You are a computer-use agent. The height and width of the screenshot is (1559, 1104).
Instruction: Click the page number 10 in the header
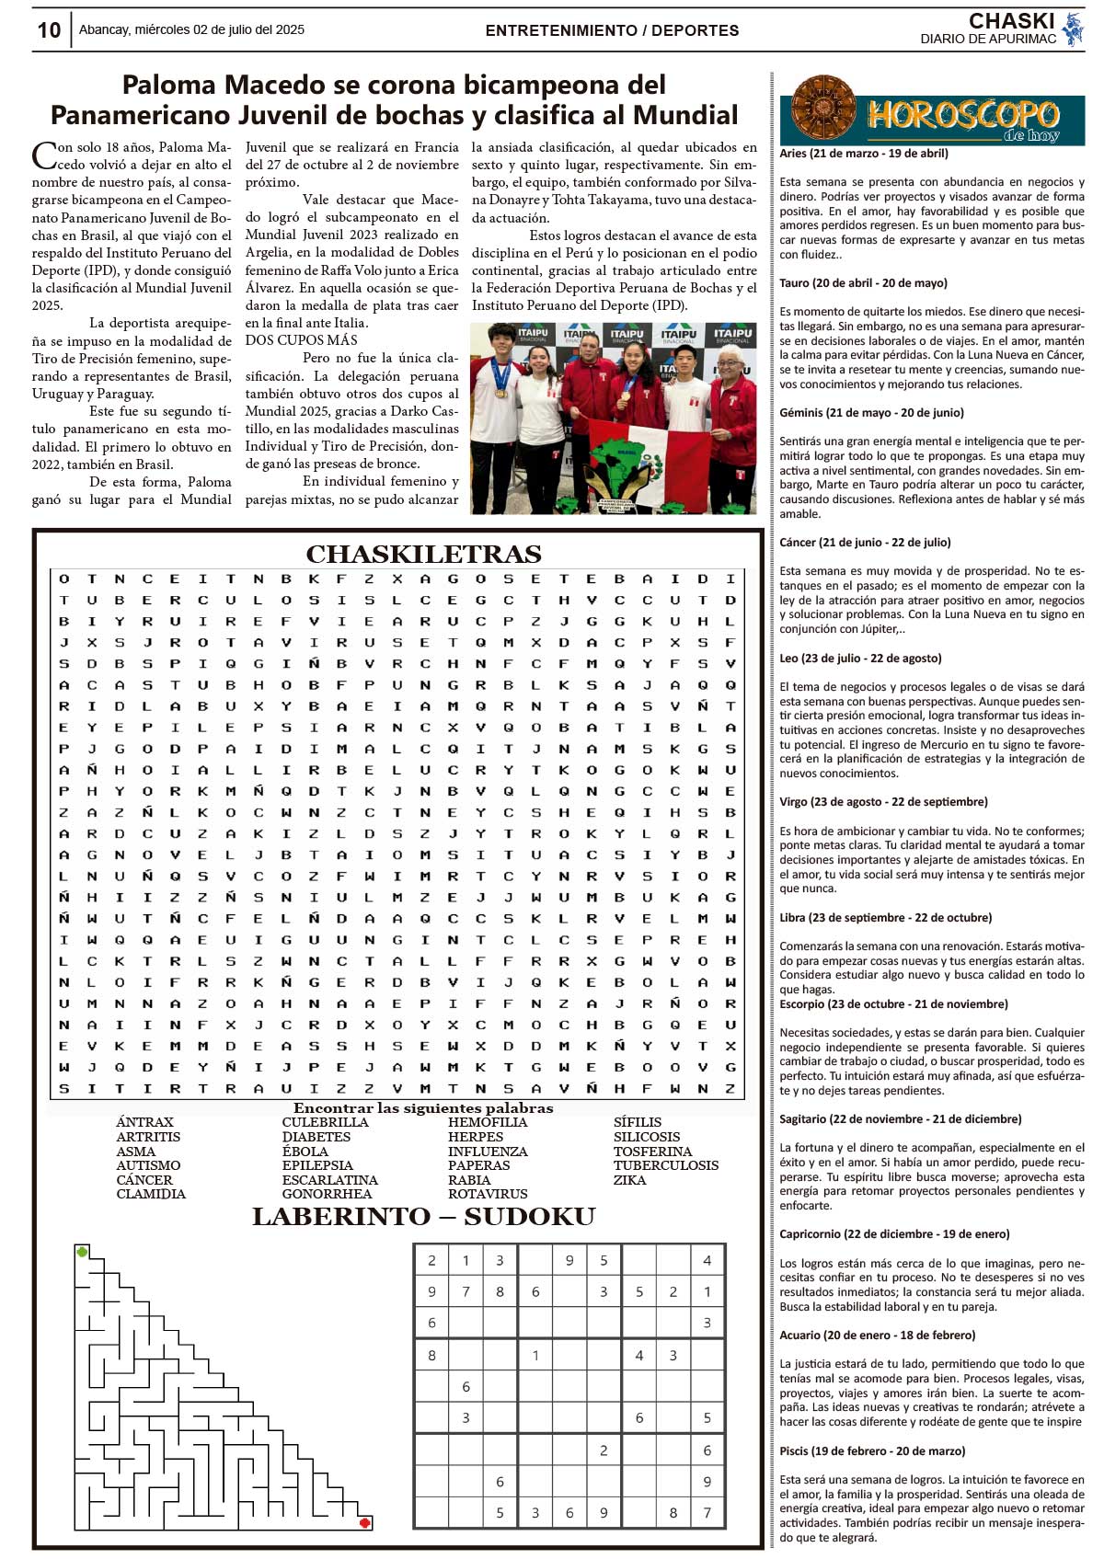49,30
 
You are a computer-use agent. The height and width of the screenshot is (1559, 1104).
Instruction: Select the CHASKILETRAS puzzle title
423,554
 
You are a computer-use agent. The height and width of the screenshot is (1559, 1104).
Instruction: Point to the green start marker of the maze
83,1252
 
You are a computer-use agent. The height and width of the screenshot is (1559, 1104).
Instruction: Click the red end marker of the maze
365,1522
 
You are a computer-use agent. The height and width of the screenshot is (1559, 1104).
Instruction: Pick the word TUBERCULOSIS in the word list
666,1165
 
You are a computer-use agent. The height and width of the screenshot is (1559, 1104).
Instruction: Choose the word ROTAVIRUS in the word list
488,1194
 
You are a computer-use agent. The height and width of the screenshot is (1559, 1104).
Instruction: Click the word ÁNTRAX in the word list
144,1122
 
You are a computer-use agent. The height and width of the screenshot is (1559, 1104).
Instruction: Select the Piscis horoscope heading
872,1450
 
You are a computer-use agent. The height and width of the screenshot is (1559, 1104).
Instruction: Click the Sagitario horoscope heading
900,1119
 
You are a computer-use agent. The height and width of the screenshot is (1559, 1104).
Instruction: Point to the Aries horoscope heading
863,154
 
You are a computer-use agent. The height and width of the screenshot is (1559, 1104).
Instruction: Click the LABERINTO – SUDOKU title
423,1217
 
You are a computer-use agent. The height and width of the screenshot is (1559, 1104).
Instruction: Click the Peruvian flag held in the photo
649,460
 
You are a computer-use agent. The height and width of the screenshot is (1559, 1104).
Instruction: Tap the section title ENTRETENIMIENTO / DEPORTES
612,30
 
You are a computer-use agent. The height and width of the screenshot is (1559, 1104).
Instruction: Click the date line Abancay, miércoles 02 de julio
191,30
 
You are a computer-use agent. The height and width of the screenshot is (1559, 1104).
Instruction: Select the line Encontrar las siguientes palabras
423,1108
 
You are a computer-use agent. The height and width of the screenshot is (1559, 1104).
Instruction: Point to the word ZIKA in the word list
629,1180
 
